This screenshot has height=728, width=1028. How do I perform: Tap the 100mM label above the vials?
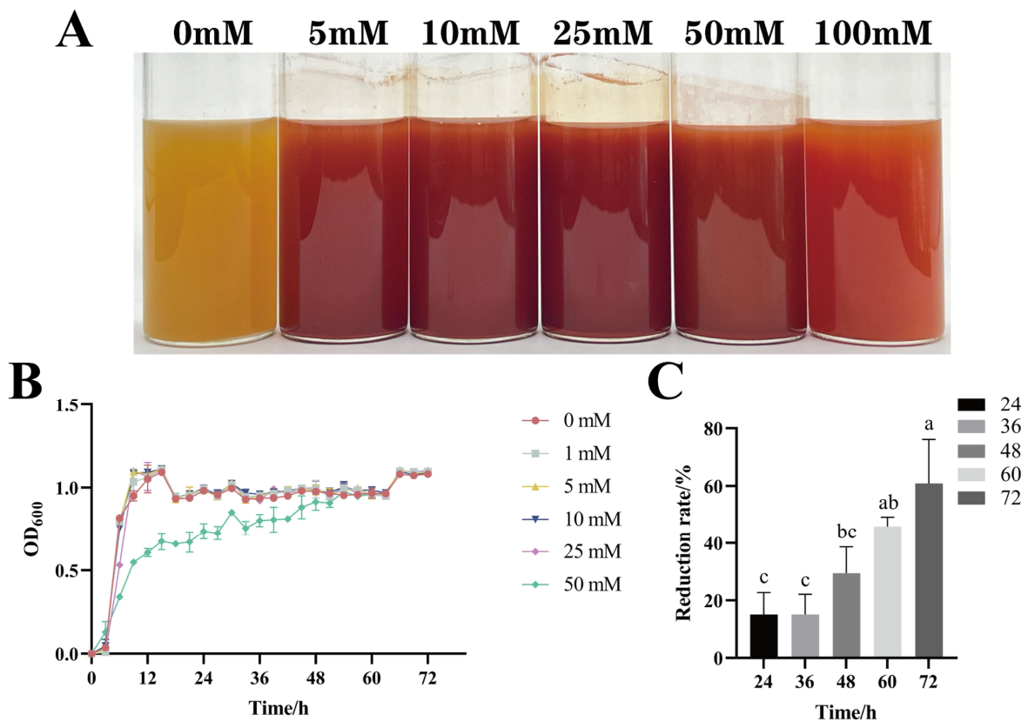(872, 33)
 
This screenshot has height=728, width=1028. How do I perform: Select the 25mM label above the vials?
(602, 33)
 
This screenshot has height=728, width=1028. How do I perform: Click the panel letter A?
(74, 30)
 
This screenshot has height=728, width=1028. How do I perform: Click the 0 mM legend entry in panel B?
(567, 420)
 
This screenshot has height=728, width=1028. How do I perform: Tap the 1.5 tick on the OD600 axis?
(68, 405)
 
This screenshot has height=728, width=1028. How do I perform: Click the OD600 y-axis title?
(33, 529)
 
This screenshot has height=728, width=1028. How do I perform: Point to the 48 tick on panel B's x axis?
(315, 678)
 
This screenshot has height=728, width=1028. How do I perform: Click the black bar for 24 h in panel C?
(763, 636)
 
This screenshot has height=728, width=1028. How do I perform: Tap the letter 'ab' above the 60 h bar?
(887, 504)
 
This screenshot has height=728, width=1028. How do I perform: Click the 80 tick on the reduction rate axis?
(714, 429)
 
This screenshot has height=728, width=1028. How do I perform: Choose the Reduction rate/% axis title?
(683, 542)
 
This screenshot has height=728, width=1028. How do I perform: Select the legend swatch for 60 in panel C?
(971, 474)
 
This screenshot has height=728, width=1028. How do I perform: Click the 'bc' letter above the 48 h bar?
(846, 532)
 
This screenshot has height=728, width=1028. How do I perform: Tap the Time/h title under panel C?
(846, 711)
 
